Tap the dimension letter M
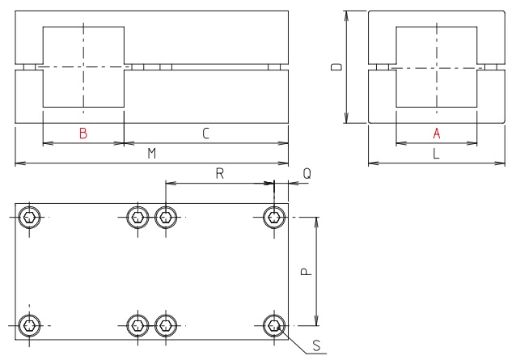click(x=151, y=154)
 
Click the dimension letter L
click(x=436, y=154)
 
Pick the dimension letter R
click(x=219, y=173)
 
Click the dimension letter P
click(x=306, y=272)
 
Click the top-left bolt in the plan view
click(x=29, y=217)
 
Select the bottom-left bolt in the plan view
click(x=29, y=326)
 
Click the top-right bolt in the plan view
click(x=275, y=217)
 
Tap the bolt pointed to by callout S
click(x=275, y=326)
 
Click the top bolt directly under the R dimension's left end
click(x=166, y=217)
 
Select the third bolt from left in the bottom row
click(x=166, y=326)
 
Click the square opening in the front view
click(x=83, y=66)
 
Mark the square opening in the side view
click(x=436, y=66)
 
